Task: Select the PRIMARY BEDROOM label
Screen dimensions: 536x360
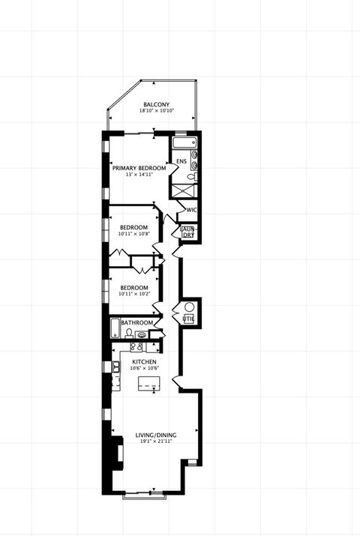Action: (x=139, y=168)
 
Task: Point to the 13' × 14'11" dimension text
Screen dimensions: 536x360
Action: (x=139, y=175)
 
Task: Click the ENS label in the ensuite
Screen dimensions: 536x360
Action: (x=181, y=161)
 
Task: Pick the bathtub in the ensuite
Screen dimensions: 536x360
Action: (x=184, y=142)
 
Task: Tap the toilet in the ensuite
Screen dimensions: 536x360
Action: (x=192, y=177)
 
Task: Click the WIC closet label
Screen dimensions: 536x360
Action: (x=191, y=210)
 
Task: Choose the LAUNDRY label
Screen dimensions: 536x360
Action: (x=187, y=232)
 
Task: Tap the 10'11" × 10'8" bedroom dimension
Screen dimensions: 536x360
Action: (x=133, y=234)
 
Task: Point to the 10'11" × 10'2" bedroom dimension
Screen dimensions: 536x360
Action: (x=133, y=294)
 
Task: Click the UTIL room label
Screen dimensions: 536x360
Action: (x=188, y=319)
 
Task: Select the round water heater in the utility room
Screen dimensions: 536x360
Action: (x=189, y=307)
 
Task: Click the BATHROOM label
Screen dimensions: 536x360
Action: (x=137, y=323)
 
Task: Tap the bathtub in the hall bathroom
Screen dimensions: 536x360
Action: (x=115, y=329)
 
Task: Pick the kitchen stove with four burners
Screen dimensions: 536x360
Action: (x=137, y=347)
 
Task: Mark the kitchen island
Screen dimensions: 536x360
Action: (x=148, y=385)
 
